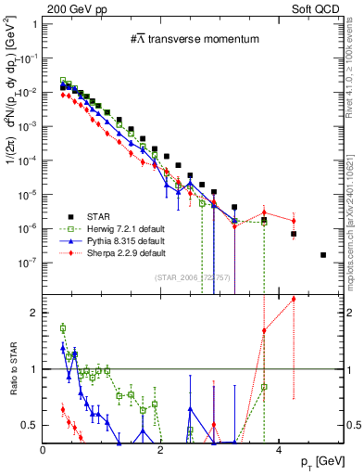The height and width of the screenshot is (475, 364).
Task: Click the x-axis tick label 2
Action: [x=160, y=450]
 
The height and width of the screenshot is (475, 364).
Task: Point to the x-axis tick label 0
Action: [x=43, y=450]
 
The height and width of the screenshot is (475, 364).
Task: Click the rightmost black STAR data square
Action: [x=323, y=254]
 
